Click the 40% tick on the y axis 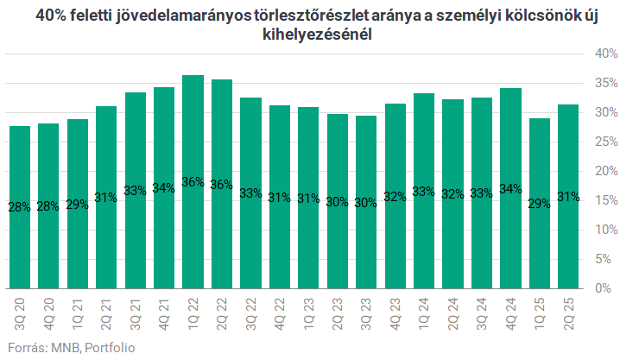tap(602, 54)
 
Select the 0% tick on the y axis tap(605, 288)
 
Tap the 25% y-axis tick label tap(602, 142)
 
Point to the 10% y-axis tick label tap(602, 230)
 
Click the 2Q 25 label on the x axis tap(568, 313)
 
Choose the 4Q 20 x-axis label tap(49, 313)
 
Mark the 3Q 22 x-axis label tap(250, 313)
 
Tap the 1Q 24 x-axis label tap(424, 313)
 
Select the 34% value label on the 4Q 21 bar tap(164, 188)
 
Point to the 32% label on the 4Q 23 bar tap(395, 195)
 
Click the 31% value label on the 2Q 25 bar tap(568, 196)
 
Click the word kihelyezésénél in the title tap(309, 35)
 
